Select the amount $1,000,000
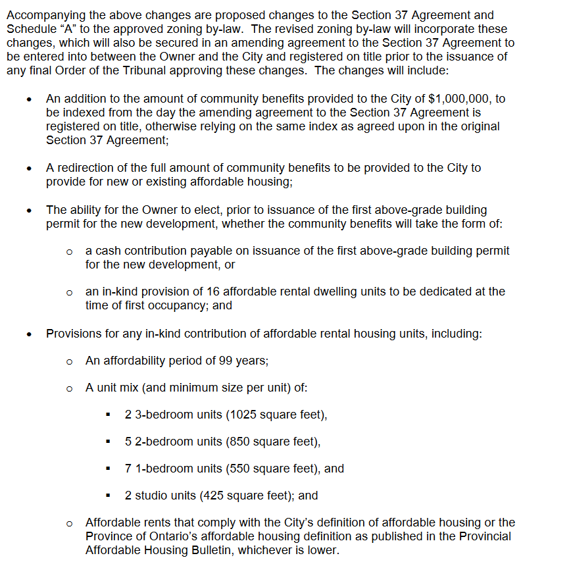click(459, 99)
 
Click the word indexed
click(84, 113)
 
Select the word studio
click(150, 496)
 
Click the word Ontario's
click(155, 536)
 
